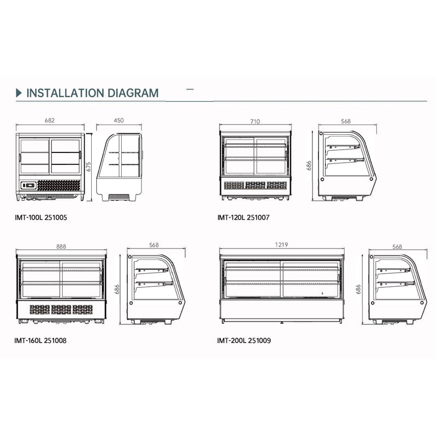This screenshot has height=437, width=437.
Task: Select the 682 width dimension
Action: [49, 121]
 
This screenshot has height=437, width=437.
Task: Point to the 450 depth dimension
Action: [120, 121]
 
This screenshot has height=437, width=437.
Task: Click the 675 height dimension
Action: [89, 166]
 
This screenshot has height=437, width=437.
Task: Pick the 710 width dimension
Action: [255, 121]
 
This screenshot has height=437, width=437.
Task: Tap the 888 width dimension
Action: [61, 246]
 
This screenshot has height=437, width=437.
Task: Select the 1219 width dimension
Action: [282, 245]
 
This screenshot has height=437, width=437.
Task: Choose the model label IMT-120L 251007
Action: [243, 217]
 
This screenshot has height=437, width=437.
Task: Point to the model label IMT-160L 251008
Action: [41, 340]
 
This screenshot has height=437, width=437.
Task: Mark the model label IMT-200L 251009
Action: [244, 340]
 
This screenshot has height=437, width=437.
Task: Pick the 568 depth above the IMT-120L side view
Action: [345, 121]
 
